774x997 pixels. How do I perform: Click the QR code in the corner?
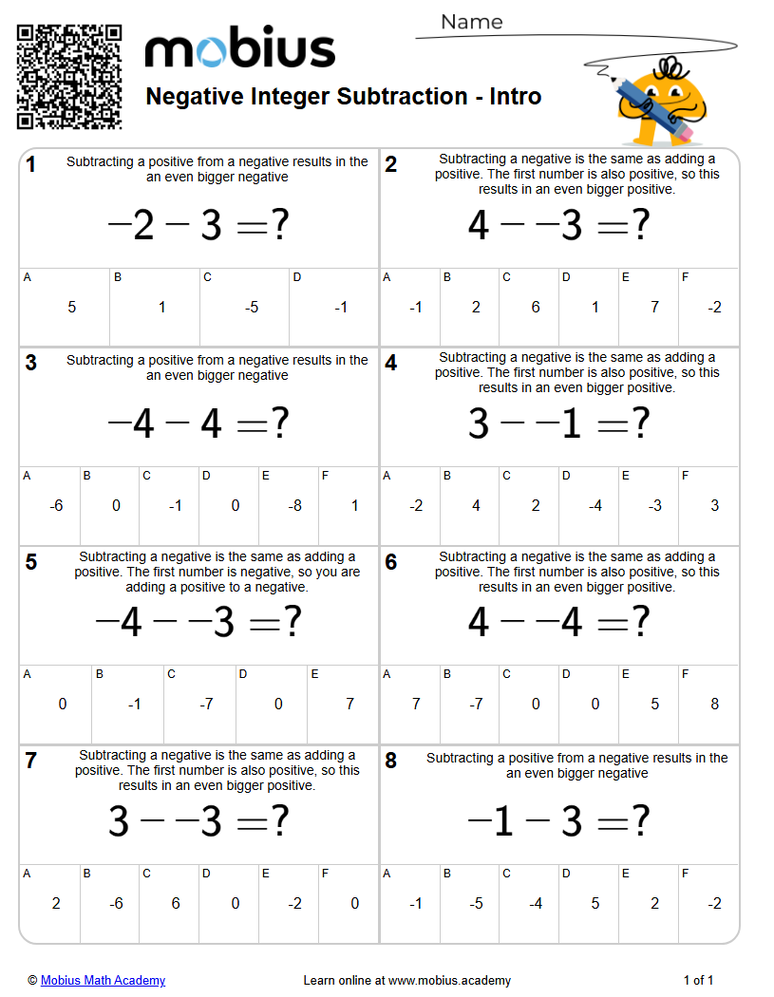[x=69, y=77]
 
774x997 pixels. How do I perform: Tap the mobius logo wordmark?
[x=239, y=49]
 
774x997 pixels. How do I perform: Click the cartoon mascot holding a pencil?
[x=661, y=99]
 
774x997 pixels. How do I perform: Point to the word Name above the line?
[x=471, y=22]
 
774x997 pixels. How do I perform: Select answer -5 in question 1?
[x=251, y=308]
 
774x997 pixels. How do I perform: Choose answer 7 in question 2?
[x=654, y=308]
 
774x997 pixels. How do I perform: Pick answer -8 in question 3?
[x=294, y=506]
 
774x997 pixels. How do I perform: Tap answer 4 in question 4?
[x=476, y=506]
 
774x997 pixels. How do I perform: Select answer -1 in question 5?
[x=135, y=705]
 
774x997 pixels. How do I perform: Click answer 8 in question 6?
[x=714, y=705]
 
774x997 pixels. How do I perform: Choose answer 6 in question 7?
[x=176, y=903]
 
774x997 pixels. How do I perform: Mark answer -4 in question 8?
[x=536, y=903]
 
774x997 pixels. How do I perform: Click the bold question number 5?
[x=31, y=562]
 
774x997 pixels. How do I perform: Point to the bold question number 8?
[x=391, y=761]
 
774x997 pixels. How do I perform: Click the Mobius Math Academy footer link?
[x=103, y=980]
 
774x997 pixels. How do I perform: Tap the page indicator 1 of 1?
[x=698, y=980]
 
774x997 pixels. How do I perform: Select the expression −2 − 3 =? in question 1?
[x=198, y=226]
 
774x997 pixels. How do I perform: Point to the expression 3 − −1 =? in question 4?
[x=558, y=424]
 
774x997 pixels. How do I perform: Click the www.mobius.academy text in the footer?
[x=449, y=980]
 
